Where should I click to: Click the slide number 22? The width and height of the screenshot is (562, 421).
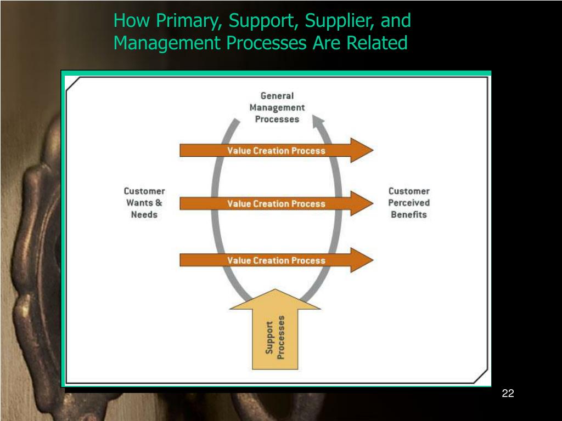pyautogui.click(x=508, y=393)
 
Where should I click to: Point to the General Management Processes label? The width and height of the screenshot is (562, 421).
pyautogui.click(x=277, y=107)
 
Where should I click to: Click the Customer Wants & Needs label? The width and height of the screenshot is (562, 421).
pyautogui.click(x=144, y=203)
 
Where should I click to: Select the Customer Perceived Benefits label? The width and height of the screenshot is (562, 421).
pyautogui.click(x=409, y=203)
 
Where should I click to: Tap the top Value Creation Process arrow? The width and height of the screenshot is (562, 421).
pyautogui.click(x=276, y=150)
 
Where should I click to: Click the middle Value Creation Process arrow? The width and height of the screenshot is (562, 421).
pyautogui.click(x=276, y=203)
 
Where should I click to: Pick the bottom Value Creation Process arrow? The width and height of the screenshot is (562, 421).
pyautogui.click(x=276, y=260)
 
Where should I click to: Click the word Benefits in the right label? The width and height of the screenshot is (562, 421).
pyautogui.click(x=409, y=214)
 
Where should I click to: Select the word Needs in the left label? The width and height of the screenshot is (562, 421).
pyautogui.click(x=144, y=214)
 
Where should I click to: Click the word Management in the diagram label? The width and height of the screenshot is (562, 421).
pyautogui.click(x=277, y=107)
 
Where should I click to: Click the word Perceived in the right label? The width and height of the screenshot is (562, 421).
pyautogui.click(x=409, y=203)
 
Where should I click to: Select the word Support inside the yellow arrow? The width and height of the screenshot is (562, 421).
pyautogui.click(x=269, y=337)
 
